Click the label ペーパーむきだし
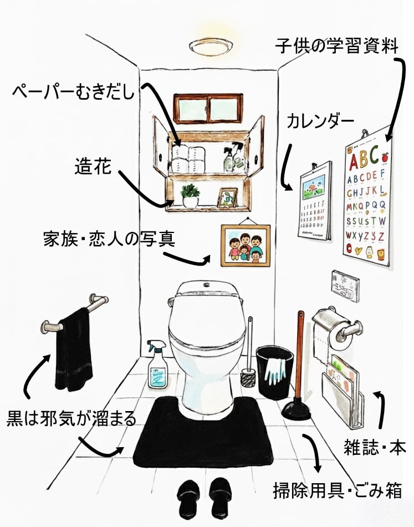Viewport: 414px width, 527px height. coord(74,90)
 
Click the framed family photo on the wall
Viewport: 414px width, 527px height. coord(246,246)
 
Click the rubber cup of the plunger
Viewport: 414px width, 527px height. coord(298,409)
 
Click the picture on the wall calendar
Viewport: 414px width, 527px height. coord(314,189)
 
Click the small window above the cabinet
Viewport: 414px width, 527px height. coord(208,109)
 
